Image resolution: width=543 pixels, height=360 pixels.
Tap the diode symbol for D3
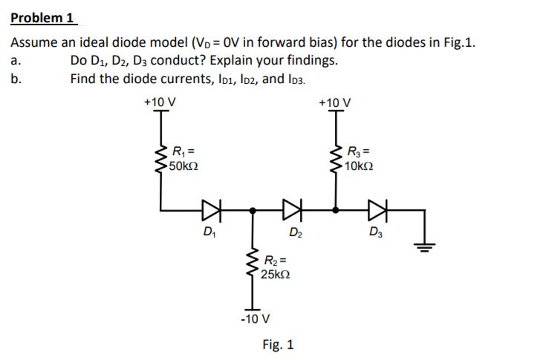click(x=381, y=211)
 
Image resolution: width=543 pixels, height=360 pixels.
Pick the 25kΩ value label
click(x=276, y=274)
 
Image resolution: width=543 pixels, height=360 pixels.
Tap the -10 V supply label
click(x=254, y=319)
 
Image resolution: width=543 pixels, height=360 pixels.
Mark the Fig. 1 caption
click(x=278, y=344)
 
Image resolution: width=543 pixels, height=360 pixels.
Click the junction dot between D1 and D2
click(x=253, y=211)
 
